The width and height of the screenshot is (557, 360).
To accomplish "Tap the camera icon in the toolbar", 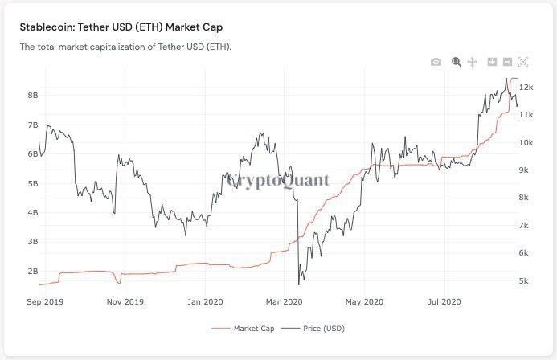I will coord(436,62).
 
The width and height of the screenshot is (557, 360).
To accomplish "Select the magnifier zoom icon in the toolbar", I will coord(456,62).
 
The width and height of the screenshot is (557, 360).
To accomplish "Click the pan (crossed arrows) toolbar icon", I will coord(472,62).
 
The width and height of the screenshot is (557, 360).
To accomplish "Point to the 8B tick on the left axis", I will coord(33,95).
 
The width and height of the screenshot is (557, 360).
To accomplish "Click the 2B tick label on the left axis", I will coord(33,271).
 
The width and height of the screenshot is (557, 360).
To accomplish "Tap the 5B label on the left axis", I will coord(33,183).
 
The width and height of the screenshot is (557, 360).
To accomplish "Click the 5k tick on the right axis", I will coord(524,280).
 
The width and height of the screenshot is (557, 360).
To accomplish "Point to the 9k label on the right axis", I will coord(524,170).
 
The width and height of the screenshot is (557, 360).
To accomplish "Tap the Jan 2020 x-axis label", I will coord(205,302).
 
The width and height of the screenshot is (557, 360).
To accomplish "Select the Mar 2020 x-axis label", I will coord(283,302).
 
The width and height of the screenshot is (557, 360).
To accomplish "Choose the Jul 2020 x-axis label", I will coord(443,302).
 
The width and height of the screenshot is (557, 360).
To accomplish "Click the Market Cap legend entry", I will coord(255,328).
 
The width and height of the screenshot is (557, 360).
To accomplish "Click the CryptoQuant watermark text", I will coord(278,180).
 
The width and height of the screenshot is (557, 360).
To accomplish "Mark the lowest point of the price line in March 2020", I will coord(299,284).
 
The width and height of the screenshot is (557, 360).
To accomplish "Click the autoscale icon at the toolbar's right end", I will coord(523,62).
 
